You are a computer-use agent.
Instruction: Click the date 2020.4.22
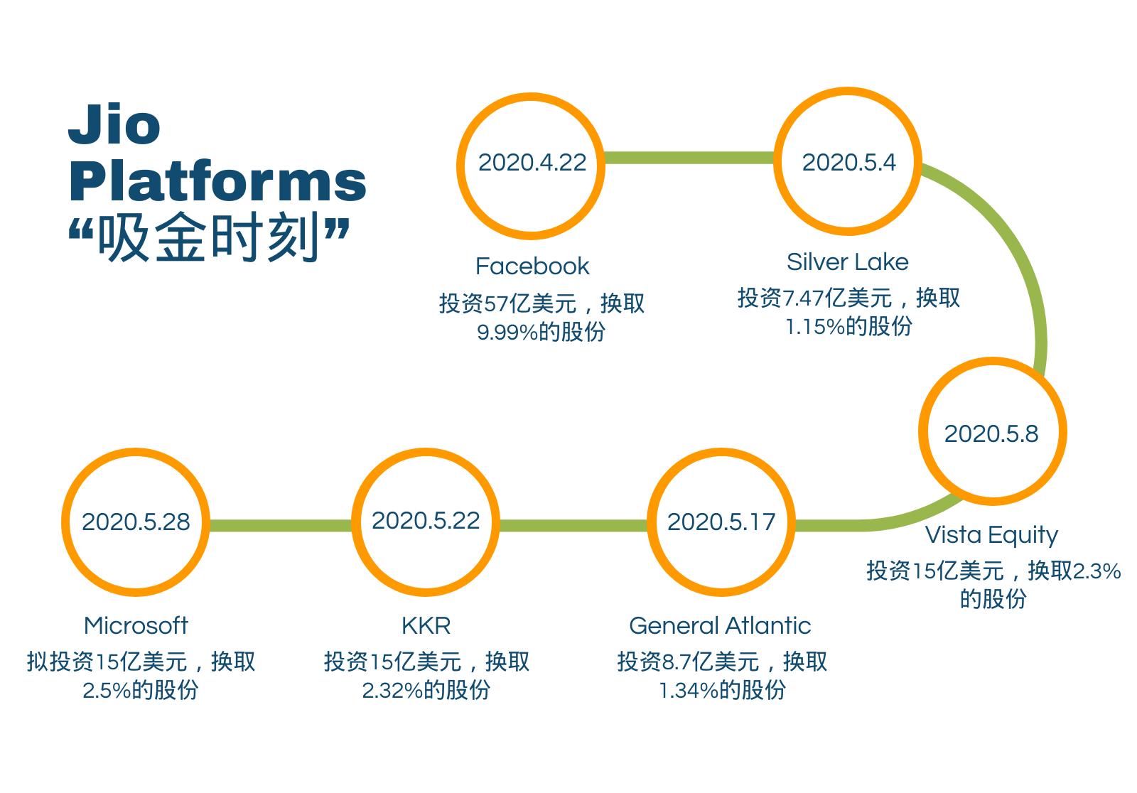click(532, 163)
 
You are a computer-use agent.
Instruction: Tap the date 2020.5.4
click(848, 163)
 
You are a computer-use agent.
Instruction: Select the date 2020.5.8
click(991, 433)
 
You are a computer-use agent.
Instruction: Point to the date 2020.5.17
click(721, 522)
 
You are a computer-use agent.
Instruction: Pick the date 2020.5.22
click(426, 520)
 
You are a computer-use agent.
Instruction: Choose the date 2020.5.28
click(136, 522)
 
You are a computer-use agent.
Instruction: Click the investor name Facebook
click(532, 266)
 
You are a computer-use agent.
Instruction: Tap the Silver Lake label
click(848, 262)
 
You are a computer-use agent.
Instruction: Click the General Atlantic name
click(721, 625)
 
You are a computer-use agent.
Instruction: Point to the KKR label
click(426, 625)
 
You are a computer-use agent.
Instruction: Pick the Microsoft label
click(136, 625)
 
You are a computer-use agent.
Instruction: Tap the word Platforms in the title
click(217, 181)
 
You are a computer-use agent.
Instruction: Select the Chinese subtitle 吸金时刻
click(209, 237)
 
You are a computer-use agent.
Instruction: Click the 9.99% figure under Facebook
click(507, 333)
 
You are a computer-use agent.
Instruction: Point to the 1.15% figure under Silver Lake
click(815, 326)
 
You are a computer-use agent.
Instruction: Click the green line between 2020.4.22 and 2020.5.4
click(689, 158)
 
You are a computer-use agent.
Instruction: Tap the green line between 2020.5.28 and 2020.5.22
click(280, 525)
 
